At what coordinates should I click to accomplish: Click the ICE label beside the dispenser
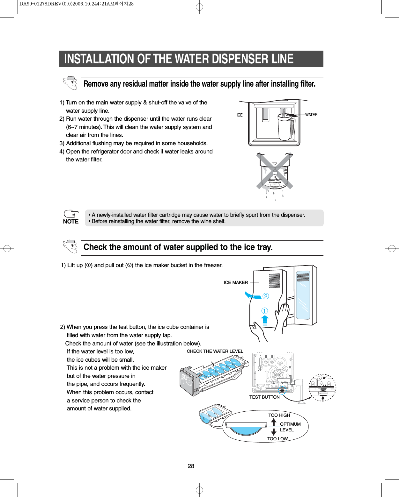tap(240, 115)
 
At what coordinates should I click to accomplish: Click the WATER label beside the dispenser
tap(311, 115)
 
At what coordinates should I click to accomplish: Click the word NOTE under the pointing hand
tap(71, 222)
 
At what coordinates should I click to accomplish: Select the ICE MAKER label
tap(236, 282)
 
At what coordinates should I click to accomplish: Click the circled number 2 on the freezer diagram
tap(266, 296)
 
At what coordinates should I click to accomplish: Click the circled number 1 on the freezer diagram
tap(264, 311)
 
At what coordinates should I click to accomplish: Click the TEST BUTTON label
tap(264, 397)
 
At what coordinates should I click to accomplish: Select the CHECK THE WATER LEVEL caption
tap(215, 351)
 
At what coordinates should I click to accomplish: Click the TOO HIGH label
tap(279, 415)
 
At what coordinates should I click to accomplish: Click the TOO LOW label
tap(277, 439)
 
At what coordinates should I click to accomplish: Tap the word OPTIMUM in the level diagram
tap(290, 424)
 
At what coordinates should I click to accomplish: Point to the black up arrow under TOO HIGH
tap(274, 422)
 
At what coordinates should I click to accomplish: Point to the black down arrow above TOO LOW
tap(274, 432)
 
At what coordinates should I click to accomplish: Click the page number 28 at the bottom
tap(191, 466)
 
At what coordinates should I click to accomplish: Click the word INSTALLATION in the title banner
tap(99, 59)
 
